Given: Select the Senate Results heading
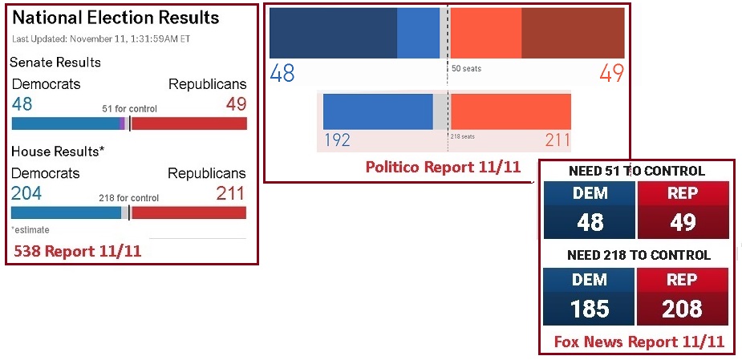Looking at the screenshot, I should [x=55, y=63].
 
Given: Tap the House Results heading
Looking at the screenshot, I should [x=58, y=151].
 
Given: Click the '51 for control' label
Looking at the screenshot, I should [x=129, y=108].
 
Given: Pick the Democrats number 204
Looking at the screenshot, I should [x=26, y=193].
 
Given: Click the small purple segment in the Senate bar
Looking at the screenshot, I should [x=122, y=123].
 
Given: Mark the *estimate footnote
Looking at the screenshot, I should [x=30, y=229].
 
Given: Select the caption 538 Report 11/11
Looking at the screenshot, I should [x=78, y=251].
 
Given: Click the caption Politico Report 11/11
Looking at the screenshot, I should [x=443, y=168].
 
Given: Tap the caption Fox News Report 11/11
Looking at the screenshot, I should [x=639, y=342].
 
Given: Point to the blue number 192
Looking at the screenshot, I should [x=338, y=141].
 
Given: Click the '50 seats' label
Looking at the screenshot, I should [x=466, y=69].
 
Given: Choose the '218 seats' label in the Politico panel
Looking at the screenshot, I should [x=462, y=136].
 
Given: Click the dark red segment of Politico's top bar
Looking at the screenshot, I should [x=573, y=33].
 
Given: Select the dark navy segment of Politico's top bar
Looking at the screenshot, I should [x=333, y=33].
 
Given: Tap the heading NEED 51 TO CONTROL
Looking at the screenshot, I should [x=636, y=171].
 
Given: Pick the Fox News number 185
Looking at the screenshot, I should [x=590, y=308].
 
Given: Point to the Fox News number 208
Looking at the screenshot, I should [x=683, y=308].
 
